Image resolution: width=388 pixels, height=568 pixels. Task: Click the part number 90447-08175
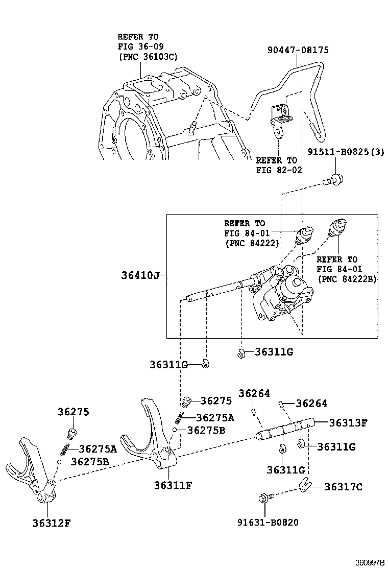(x=298, y=50)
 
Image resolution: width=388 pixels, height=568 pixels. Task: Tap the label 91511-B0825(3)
(x=345, y=152)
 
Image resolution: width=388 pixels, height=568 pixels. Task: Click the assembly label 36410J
(x=140, y=275)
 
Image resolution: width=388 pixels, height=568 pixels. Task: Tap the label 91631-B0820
(x=268, y=522)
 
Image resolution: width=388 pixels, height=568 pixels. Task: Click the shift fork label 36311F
(x=173, y=485)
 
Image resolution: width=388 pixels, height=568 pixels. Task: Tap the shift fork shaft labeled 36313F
(x=286, y=429)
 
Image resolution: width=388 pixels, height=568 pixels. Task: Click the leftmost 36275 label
(x=72, y=412)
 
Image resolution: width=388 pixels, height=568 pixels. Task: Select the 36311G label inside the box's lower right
(x=274, y=351)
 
